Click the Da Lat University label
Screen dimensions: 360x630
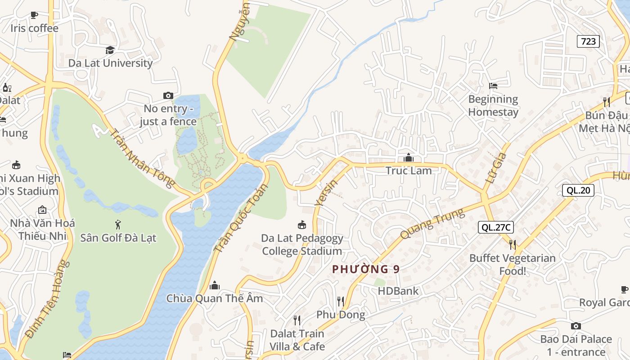pyautogui.click(x=110, y=63)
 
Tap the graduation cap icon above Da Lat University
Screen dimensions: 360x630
pyautogui.click(x=110, y=50)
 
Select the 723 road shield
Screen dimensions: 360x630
pyautogui.click(x=588, y=41)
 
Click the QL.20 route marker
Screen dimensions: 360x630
pyautogui.click(x=578, y=190)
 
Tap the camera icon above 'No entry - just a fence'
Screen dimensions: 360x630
pyautogui.click(x=168, y=95)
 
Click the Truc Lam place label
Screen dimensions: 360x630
pyautogui.click(x=409, y=171)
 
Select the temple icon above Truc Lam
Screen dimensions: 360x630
pyautogui.click(x=409, y=157)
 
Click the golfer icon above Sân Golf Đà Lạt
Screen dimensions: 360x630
pyautogui.click(x=118, y=224)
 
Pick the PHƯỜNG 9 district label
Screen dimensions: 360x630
pyautogui.click(x=365, y=269)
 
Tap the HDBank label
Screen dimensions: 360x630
pyautogui.click(x=398, y=291)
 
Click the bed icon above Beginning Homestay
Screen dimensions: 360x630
pyautogui.click(x=493, y=85)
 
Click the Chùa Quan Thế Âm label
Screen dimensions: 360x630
pyautogui.click(x=215, y=298)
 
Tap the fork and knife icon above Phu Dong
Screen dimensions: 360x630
pyautogui.click(x=341, y=301)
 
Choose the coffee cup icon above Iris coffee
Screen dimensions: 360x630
pyautogui.click(x=34, y=15)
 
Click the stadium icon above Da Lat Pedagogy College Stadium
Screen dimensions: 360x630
pyautogui.click(x=302, y=225)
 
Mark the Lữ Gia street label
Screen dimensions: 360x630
pyautogui.click(x=496, y=168)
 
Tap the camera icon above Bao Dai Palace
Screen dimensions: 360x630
pyautogui.click(x=576, y=326)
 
